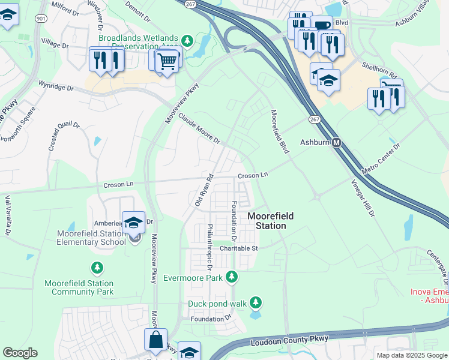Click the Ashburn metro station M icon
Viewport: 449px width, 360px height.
tap(337, 143)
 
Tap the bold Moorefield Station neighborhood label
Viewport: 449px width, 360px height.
tap(267, 221)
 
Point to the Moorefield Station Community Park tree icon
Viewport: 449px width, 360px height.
tap(95, 266)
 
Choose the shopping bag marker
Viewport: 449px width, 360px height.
tap(155, 340)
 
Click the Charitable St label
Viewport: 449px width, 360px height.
tap(238, 248)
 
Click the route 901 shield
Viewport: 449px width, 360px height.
tap(41, 19)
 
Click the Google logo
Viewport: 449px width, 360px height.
tap(20, 353)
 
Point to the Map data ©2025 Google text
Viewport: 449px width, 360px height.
tap(412, 355)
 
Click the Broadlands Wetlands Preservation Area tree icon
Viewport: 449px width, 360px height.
tap(188, 41)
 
